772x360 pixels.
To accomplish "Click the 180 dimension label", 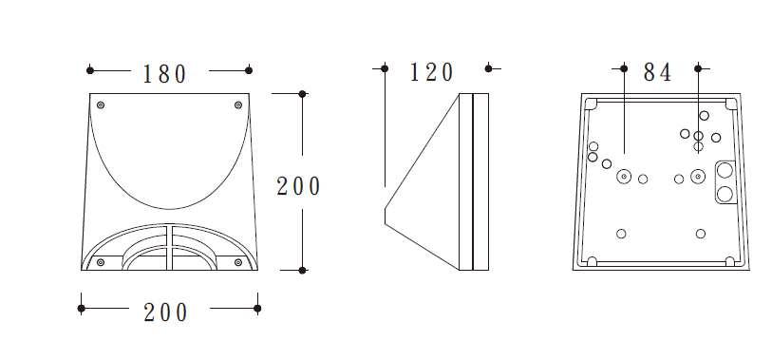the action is point(165,74).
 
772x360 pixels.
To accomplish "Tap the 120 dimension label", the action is point(432,73).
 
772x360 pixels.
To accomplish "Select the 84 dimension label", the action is point(658,73).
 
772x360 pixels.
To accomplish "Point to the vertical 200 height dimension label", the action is point(298,187).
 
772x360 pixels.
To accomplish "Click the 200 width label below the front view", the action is point(165,313).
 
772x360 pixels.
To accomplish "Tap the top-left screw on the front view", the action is point(101,104).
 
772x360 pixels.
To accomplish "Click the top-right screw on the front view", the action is point(238,104).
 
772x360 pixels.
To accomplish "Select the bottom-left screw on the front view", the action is point(101,262).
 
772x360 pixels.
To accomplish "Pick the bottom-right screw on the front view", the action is point(238,262).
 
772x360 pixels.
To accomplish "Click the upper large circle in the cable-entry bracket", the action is point(725,171).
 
